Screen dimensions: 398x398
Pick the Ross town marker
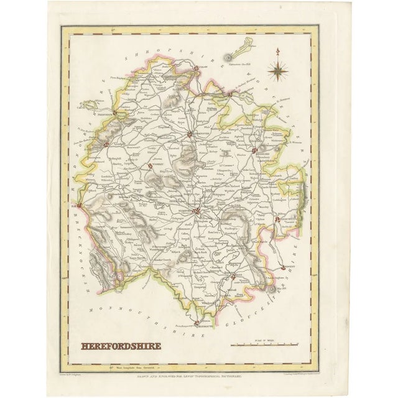[233, 277]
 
